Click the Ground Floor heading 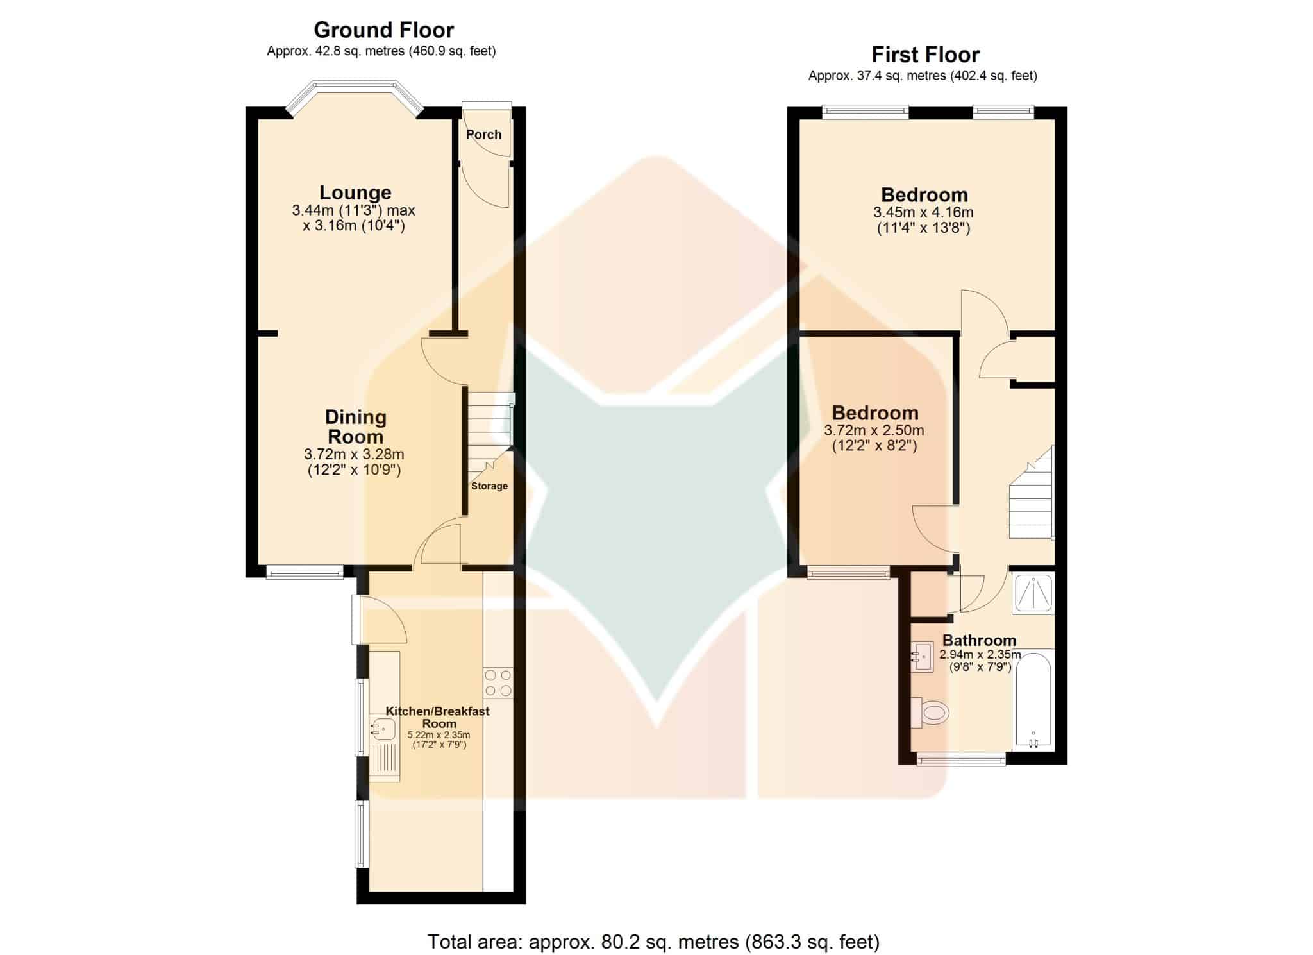tap(383, 30)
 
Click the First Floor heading tap(925, 55)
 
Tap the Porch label tap(483, 135)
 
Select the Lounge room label tap(355, 192)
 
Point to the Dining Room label tap(355, 427)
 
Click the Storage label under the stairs tap(489, 486)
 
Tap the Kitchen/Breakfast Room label tap(438, 717)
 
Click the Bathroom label tap(979, 640)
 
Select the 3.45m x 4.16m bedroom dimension tap(923, 212)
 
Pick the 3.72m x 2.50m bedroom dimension tap(874, 430)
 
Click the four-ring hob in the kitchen tap(498, 683)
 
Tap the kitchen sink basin tap(383, 730)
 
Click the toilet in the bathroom tap(929, 712)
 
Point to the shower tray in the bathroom tap(1033, 593)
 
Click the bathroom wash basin tap(922, 657)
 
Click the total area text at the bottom tap(653, 942)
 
